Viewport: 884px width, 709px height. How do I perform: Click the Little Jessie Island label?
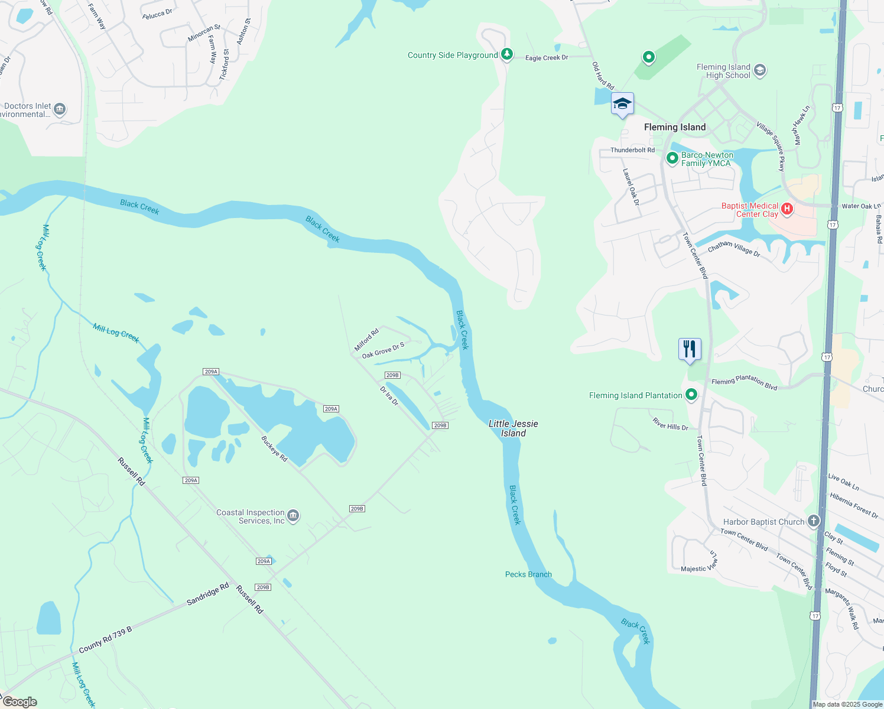coord(513,428)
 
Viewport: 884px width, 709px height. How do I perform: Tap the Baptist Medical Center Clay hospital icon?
coord(786,209)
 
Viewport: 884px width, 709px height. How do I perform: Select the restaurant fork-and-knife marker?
coord(690,349)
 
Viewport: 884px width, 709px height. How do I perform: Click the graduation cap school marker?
coord(622,105)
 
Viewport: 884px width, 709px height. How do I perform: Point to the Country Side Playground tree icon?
coord(506,54)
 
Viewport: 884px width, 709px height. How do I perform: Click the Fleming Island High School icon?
coord(760,71)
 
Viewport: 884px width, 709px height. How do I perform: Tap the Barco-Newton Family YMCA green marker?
coord(672,158)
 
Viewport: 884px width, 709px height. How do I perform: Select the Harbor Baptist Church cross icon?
coord(814,521)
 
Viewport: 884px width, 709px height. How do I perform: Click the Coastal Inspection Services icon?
coord(293,516)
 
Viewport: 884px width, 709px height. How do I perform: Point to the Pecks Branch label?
coord(528,574)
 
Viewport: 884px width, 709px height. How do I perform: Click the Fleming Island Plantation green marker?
coord(691,395)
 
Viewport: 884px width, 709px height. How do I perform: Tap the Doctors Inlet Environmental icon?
coord(60,109)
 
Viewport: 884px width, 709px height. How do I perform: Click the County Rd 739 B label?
coord(105,640)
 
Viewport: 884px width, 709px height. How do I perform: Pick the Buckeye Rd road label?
coord(274,449)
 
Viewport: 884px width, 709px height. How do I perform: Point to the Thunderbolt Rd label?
coord(632,150)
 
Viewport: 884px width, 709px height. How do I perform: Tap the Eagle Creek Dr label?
coord(546,58)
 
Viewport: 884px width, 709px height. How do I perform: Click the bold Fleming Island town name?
coord(675,127)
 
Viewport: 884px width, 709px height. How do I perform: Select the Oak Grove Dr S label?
coord(383,350)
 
